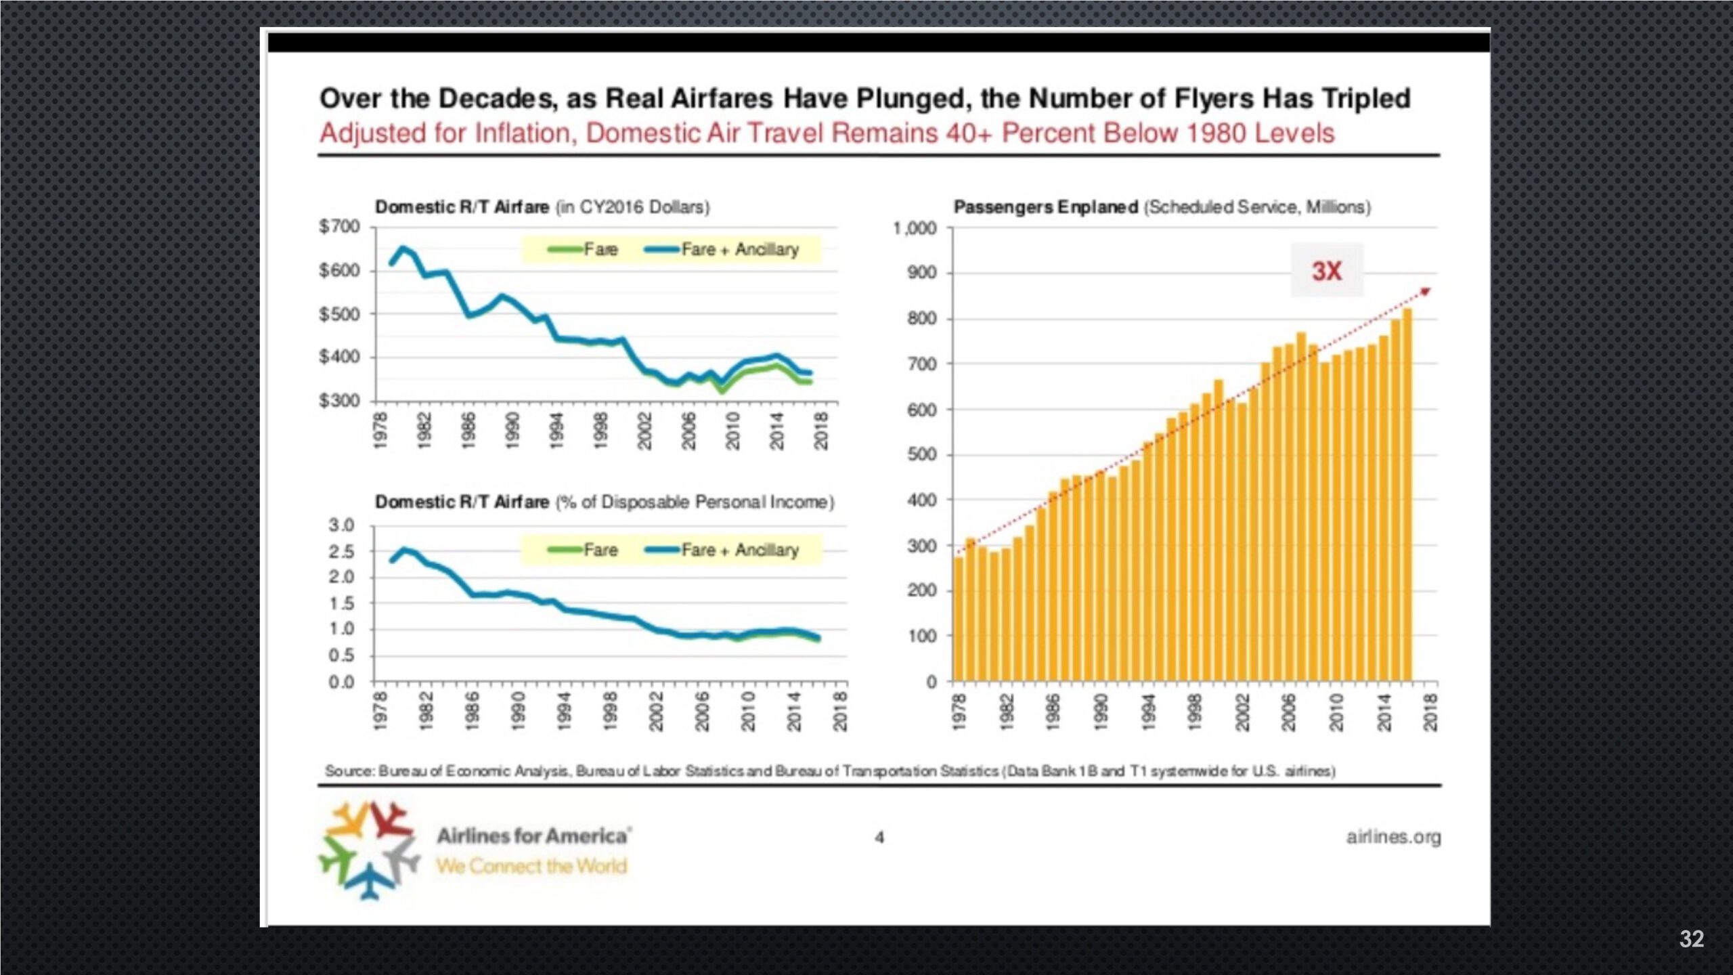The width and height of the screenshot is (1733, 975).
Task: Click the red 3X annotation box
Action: (x=1326, y=271)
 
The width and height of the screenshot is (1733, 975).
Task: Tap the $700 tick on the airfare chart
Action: (x=340, y=227)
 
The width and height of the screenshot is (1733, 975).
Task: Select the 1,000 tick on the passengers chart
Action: (x=915, y=229)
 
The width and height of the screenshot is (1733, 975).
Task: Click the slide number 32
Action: (x=1691, y=938)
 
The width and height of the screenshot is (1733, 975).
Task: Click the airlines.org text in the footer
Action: (x=1393, y=837)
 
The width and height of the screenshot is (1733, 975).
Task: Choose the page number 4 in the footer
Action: (x=879, y=838)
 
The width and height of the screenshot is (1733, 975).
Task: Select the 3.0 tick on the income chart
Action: (x=341, y=525)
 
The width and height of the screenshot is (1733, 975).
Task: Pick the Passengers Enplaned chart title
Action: (x=1162, y=207)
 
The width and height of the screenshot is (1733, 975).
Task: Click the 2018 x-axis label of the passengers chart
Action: (x=1430, y=712)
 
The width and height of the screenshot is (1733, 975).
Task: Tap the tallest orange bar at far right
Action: (x=1407, y=494)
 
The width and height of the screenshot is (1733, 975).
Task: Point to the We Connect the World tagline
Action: (x=531, y=866)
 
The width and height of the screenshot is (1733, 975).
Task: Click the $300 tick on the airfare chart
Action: (x=340, y=401)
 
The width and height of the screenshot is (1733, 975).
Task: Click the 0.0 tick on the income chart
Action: (x=341, y=682)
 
